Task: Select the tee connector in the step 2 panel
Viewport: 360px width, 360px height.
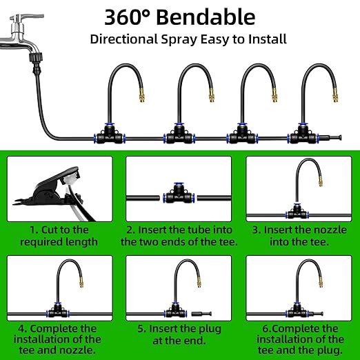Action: [177, 193]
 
